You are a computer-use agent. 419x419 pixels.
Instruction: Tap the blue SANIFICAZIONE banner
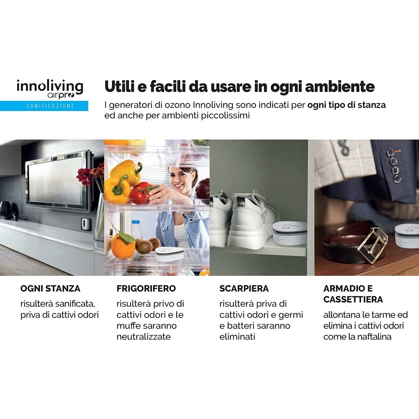coord(44,106)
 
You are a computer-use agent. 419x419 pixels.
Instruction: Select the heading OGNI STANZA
coord(50,289)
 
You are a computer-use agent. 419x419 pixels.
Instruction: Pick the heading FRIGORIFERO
coord(146,289)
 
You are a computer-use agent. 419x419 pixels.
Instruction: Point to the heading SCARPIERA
coord(244,289)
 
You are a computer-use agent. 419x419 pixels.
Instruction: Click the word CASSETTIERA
coord(353,299)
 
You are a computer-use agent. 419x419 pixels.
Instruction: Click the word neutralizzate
coord(143,337)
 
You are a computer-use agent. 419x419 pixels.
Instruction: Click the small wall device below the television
coord(86,224)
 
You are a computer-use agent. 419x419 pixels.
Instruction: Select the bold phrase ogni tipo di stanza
coord(346,105)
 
